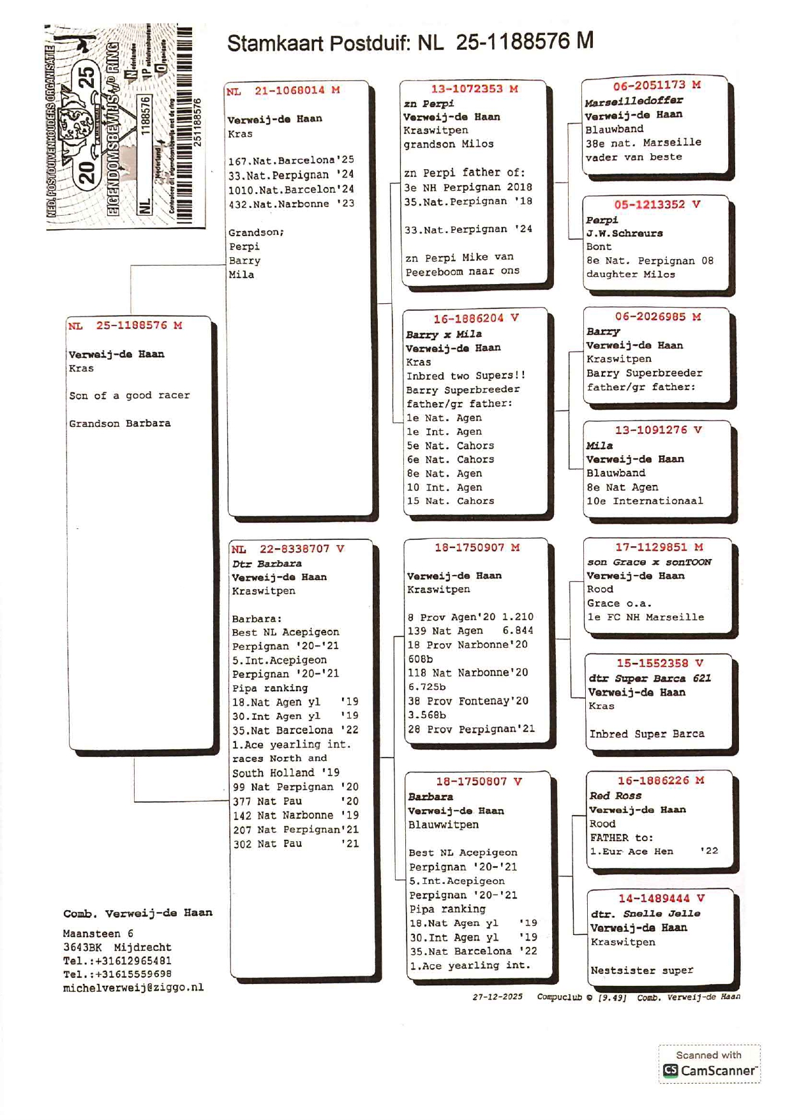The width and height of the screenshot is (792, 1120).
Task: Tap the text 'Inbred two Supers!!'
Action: pos(466,375)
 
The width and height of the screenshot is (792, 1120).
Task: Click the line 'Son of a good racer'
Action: pos(129,396)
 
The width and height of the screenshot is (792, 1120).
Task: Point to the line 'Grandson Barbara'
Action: pos(119,424)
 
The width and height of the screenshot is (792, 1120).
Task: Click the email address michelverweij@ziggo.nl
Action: pos(133,987)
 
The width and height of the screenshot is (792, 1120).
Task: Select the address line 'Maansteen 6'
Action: pos(98,934)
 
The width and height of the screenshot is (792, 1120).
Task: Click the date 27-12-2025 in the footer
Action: pos(497,997)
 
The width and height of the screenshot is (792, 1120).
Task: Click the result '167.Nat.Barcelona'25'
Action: pos(290,160)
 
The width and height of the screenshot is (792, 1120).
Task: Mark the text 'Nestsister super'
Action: pos(641,971)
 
